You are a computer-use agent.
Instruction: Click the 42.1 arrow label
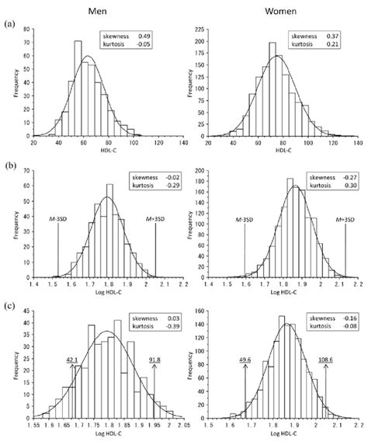click(x=74, y=360)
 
